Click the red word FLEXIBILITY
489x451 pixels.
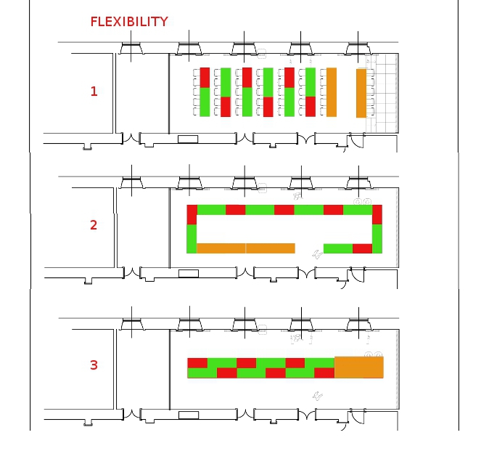click(x=128, y=22)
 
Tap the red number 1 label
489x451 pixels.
click(x=94, y=92)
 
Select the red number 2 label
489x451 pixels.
click(x=94, y=225)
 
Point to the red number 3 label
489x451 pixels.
click(x=94, y=365)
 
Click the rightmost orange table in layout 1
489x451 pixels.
click(x=361, y=93)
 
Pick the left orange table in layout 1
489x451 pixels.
click(x=332, y=92)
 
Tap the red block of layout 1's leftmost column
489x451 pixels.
click(x=205, y=77)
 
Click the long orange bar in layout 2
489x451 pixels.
click(x=246, y=248)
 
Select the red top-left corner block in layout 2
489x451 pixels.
click(x=192, y=214)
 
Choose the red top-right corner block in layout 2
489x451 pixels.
click(x=377, y=214)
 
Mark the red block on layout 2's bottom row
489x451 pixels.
click(x=362, y=248)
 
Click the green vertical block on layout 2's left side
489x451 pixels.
click(x=192, y=239)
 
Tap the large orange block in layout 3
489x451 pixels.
click(x=358, y=367)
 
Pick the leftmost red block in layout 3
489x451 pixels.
click(x=197, y=362)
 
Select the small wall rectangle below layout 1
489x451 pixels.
click(x=188, y=138)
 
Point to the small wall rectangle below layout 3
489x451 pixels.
click(x=188, y=415)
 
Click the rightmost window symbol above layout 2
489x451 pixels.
click(x=358, y=183)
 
